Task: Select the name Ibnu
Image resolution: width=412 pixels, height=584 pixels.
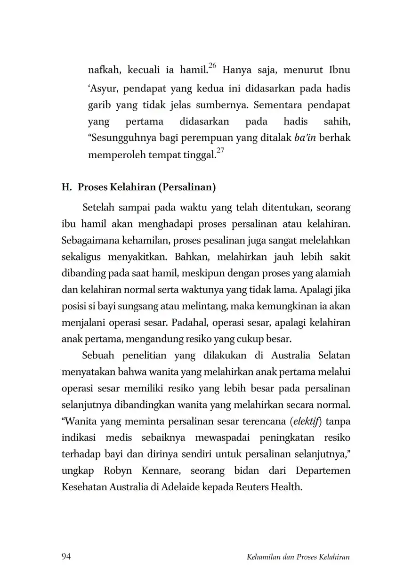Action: click(x=339, y=71)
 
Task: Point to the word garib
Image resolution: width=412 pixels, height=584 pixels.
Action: click(x=98, y=105)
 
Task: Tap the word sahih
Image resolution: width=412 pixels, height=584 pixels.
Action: click(x=337, y=122)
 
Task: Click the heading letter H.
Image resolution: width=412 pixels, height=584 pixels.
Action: click(x=65, y=187)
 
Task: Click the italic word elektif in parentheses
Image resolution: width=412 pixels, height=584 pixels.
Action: click(x=306, y=421)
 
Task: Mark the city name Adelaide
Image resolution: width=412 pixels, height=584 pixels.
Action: click(x=180, y=487)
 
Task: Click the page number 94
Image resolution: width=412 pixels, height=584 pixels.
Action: click(x=66, y=557)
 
